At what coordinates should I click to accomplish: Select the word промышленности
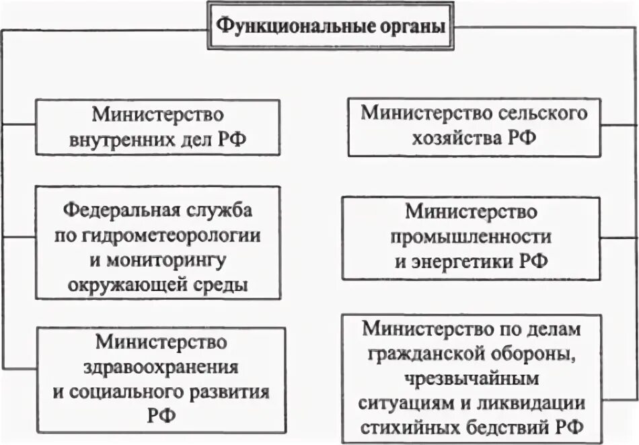(472, 237)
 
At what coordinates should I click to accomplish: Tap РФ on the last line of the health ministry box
(161, 415)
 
